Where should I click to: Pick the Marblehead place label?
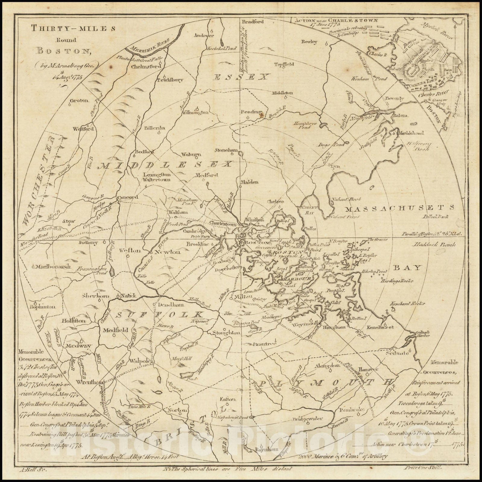(411, 133)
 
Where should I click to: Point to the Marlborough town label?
(53, 267)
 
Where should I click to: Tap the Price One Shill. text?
(422, 468)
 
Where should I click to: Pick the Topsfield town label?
(284, 64)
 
